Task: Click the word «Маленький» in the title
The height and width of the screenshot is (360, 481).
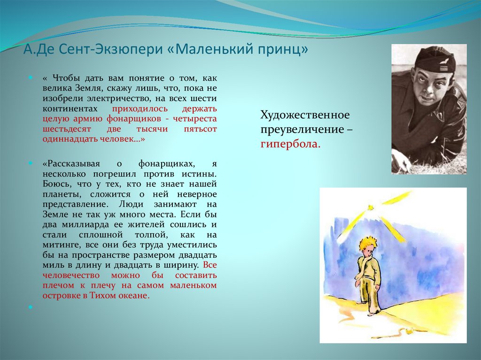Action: pyautogui.click(x=213, y=49)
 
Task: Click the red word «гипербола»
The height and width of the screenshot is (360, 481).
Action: pyautogui.click(x=290, y=144)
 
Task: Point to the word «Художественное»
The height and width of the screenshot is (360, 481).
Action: pyautogui.click(x=305, y=115)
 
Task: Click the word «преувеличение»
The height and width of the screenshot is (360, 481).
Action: pyautogui.click(x=303, y=130)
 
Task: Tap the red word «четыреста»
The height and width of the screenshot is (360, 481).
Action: pyautogui.click(x=195, y=119)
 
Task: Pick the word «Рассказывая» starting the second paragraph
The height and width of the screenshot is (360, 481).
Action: pyautogui.click(x=73, y=164)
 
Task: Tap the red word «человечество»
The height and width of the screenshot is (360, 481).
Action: pyautogui.click(x=71, y=276)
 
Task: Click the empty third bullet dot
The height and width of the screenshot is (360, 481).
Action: pyautogui.click(x=31, y=306)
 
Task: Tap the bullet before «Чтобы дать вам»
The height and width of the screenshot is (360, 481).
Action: pyautogui.click(x=31, y=78)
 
